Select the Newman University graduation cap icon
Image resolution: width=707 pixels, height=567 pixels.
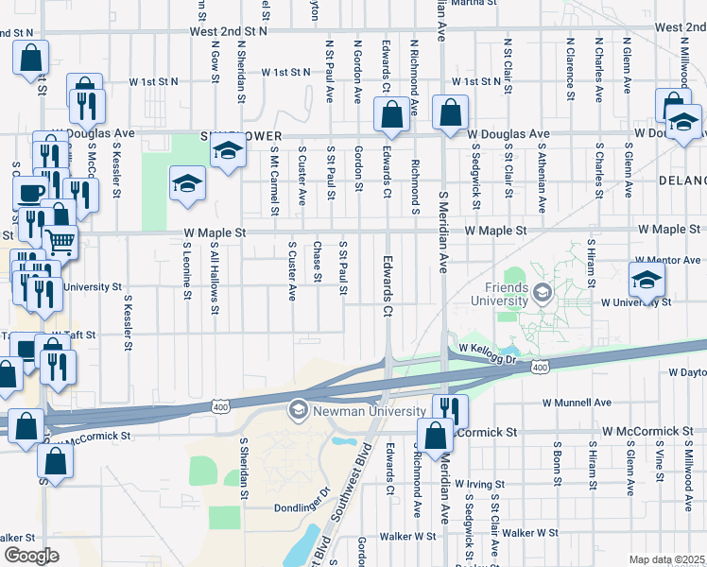pos(298,409)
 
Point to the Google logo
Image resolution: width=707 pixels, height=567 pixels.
pos(30,556)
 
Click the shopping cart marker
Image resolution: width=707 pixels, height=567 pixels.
pos(60,243)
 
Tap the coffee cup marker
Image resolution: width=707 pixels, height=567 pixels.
pos(30,193)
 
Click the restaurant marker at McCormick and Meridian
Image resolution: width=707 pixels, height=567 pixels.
pos(450,409)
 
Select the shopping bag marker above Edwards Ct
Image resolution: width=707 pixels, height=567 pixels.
pos(391,114)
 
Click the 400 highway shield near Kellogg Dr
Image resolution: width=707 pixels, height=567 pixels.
pos(540,367)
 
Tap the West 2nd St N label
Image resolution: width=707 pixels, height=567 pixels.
pos(229,31)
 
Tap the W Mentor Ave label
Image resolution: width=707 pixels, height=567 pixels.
pos(667,259)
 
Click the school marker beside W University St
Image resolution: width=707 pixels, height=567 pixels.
pos(647,280)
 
